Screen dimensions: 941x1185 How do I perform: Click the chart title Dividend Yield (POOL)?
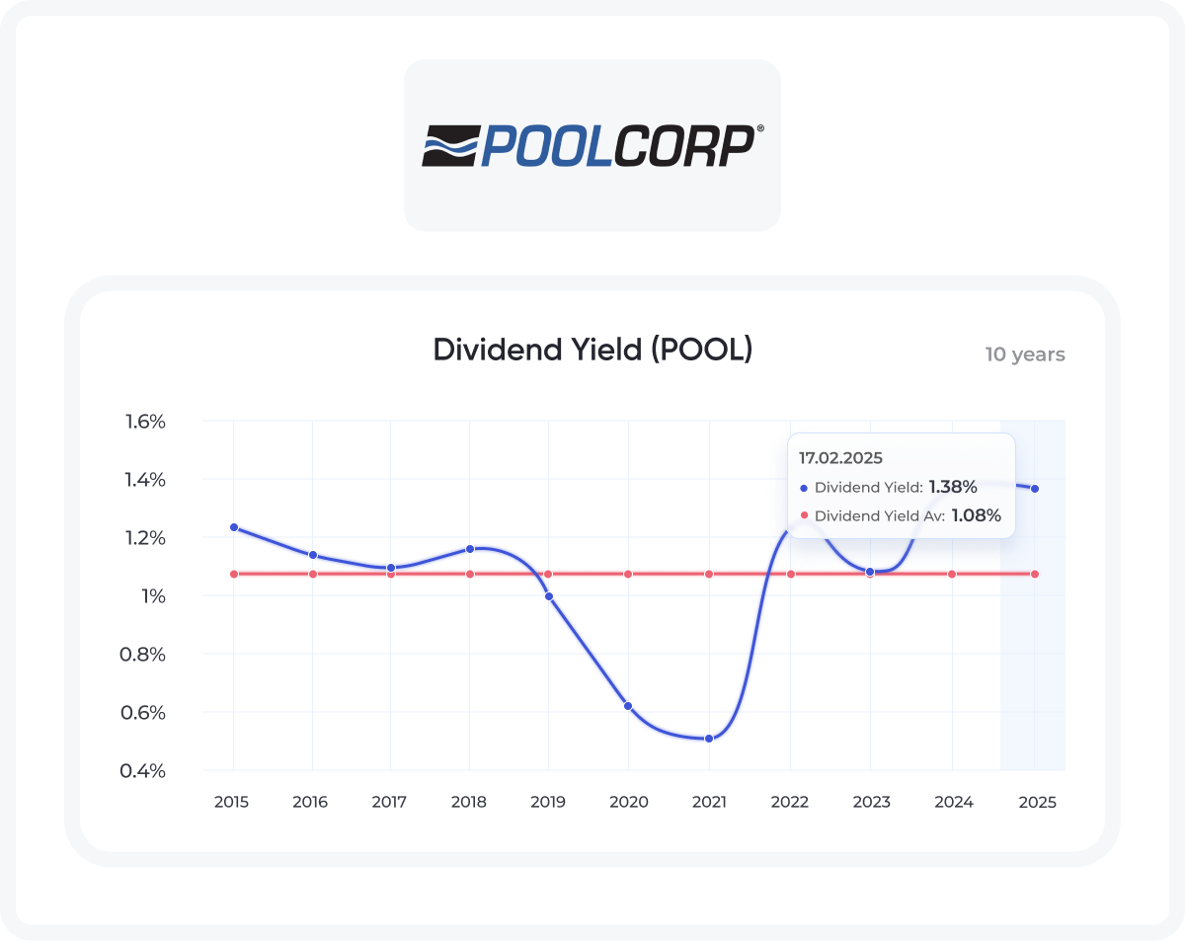(x=592, y=350)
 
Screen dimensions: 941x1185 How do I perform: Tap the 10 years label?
(x=1024, y=354)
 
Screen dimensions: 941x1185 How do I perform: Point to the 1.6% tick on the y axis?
(x=144, y=422)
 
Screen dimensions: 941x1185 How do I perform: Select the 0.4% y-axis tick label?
(x=144, y=770)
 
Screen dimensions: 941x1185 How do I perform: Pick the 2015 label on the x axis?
(x=232, y=802)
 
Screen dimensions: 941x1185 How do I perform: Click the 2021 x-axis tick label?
(x=708, y=802)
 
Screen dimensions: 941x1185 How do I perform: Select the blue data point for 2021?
(x=708, y=739)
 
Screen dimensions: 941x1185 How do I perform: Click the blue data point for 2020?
(x=628, y=706)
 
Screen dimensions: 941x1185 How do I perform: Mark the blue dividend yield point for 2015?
(x=234, y=527)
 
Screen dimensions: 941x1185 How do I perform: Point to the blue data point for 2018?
(x=470, y=549)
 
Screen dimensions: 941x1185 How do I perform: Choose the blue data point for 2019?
(x=549, y=596)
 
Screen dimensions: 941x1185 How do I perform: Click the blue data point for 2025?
(x=1035, y=489)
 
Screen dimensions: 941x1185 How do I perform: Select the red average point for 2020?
(x=628, y=574)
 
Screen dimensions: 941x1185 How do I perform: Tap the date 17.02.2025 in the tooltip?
(x=840, y=458)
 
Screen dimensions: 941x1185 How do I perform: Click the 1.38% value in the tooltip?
(x=952, y=487)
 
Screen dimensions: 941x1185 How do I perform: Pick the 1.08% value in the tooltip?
(x=976, y=515)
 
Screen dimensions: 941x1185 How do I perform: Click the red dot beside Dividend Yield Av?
(x=804, y=515)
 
